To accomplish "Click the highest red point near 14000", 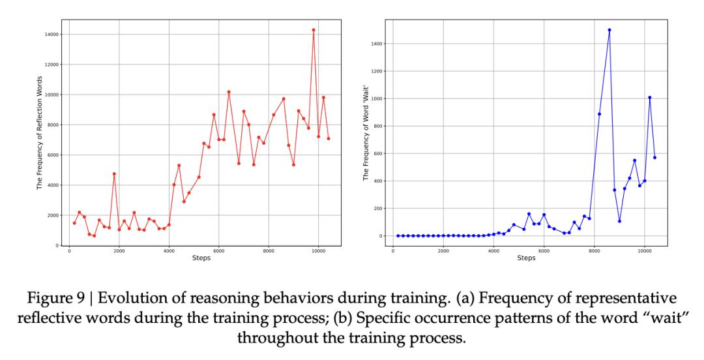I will [x=314, y=30].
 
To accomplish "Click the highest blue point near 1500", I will [x=609, y=30].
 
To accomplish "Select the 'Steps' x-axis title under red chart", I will [x=201, y=259].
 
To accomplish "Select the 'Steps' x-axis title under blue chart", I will [x=526, y=259].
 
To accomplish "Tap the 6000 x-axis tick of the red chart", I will [x=218, y=251].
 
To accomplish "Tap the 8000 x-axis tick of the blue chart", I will [x=594, y=251].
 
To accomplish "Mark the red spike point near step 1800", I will [x=114, y=174].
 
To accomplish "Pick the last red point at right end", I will [x=329, y=138].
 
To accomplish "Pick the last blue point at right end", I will [x=654, y=157].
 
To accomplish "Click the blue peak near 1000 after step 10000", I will [x=649, y=98].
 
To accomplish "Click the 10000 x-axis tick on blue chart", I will [x=645, y=251].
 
